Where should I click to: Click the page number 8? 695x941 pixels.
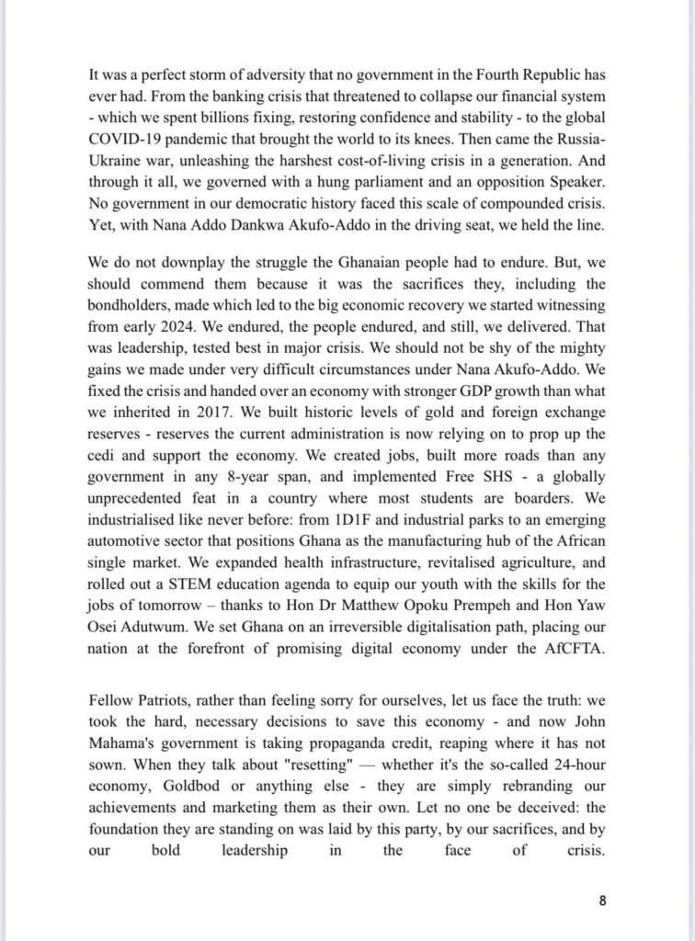[x=602, y=901]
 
